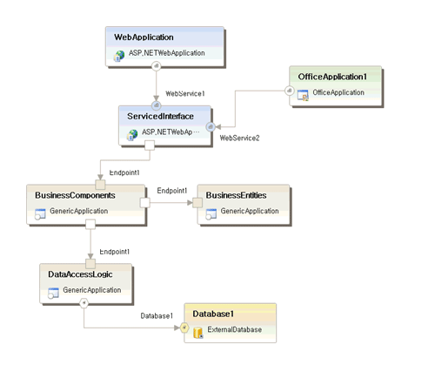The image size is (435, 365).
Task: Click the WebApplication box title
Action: coord(144,37)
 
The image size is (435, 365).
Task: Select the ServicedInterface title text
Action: coord(160,117)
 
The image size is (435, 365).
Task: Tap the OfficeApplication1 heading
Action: coord(332,77)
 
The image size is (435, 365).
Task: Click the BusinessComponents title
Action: coord(75,195)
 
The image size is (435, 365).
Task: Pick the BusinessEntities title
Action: coord(236,195)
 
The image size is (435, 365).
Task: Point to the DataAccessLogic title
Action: coord(80,274)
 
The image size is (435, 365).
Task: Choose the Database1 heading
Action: coord(213,314)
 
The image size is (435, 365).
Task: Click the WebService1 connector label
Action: coord(185,93)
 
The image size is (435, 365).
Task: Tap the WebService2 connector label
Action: coord(239,138)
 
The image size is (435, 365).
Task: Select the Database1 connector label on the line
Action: coord(157,315)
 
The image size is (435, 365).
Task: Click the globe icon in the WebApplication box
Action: coord(119,56)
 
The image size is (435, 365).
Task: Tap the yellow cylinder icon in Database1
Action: coord(198,333)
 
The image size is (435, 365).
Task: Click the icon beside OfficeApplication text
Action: coord(303,95)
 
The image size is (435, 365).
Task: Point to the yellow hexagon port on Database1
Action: coord(184,328)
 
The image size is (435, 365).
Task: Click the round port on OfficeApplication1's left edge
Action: coord(289,91)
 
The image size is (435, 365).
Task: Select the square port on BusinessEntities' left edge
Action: coord(197,203)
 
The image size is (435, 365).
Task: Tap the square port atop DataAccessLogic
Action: coord(90,264)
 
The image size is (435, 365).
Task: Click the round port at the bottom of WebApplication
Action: coord(157,66)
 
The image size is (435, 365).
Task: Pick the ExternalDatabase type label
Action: coord(235,330)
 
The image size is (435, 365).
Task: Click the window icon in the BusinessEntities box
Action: coord(211,214)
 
